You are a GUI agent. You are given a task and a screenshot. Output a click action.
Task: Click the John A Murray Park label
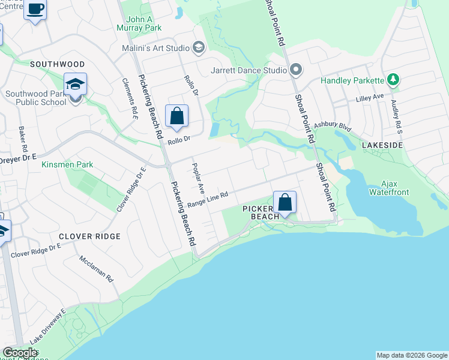pyautogui.click(x=144, y=23)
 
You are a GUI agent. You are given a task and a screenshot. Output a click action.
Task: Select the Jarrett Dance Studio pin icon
pyautogui.click(x=295, y=70)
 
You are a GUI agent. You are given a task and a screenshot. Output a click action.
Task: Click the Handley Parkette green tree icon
pyautogui.click(x=393, y=79)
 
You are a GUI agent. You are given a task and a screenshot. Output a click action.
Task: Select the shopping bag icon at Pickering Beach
pyautogui.click(x=285, y=202)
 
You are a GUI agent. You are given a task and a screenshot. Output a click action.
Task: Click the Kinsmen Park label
pyautogui.click(x=68, y=164)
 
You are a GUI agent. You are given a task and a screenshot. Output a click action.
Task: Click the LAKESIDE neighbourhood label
pyautogui.click(x=382, y=145)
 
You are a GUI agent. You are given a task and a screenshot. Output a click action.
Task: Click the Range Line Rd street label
pyautogui.click(x=208, y=200)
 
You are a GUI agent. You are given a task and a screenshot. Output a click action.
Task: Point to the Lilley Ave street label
pyautogui.click(x=369, y=97)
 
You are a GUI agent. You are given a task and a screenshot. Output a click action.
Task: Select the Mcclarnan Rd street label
pyautogui.click(x=97, y=268)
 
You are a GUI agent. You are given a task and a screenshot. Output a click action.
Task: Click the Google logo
pyautogui.click(x=20, y=353)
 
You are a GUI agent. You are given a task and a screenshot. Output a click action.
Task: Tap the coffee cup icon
pyautogui.click(x=35, y=9)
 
